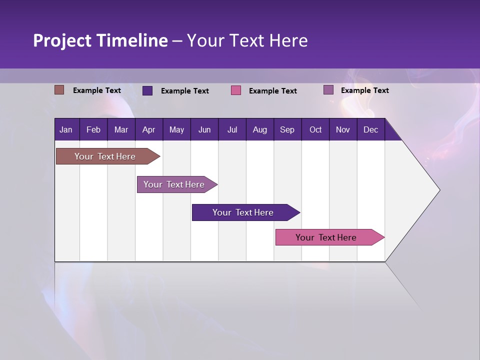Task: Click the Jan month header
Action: [x=66, y=129]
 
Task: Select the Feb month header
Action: [x=93, y=129]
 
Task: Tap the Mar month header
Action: [x=121, y=129]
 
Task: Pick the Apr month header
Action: [x=148, y=129]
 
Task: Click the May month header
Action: [x=176, y=129]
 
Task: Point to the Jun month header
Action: [x=204, y=129]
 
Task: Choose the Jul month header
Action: [x=232, y=129]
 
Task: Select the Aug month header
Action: [x=259, y=129]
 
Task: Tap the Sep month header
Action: [x=287, y=129]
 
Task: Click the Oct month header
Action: [x=315, y=129]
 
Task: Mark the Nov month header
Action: [x=343, y=129]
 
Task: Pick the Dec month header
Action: [x=371, y=129]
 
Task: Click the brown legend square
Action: [x=59, y=90]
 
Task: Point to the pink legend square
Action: [x=236, y=90]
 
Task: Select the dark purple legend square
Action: [x=147, y=90]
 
